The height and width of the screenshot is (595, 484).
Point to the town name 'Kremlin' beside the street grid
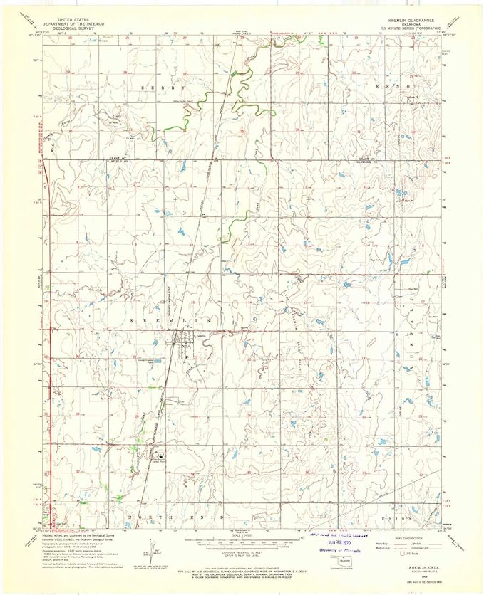pyautogui.click(x=200, y=335)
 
